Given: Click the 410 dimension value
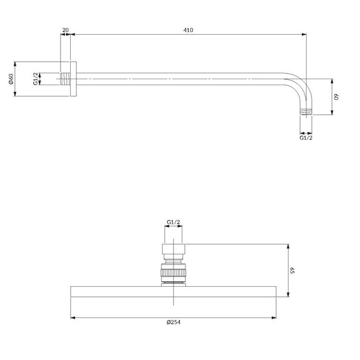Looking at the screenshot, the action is pos(188,30).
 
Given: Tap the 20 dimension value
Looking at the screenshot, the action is pos(65,30).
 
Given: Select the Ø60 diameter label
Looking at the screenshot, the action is pos(11,79).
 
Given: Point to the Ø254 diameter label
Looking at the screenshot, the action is pos(173,322).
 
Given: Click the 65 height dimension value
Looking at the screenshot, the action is pos(292,270).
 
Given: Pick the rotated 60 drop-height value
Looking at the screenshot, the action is pos(337,97).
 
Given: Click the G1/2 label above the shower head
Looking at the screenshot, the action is pos(173,222).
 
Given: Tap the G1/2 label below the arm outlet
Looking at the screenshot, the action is pos(306,138).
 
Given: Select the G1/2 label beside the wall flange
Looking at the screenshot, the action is pos(35,79).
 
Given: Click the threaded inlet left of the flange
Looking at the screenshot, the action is pos(65,79).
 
